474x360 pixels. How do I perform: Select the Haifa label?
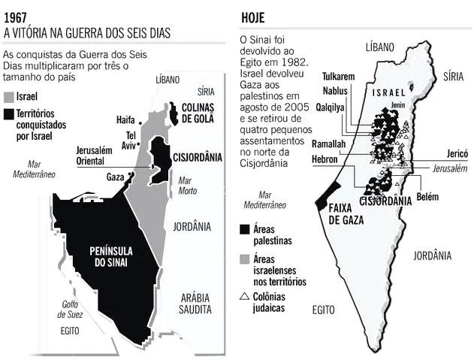[x=126, y=119]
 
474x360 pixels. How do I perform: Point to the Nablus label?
[x=336, y=90]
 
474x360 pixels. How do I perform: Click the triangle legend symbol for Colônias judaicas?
[x=245, y=297]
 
